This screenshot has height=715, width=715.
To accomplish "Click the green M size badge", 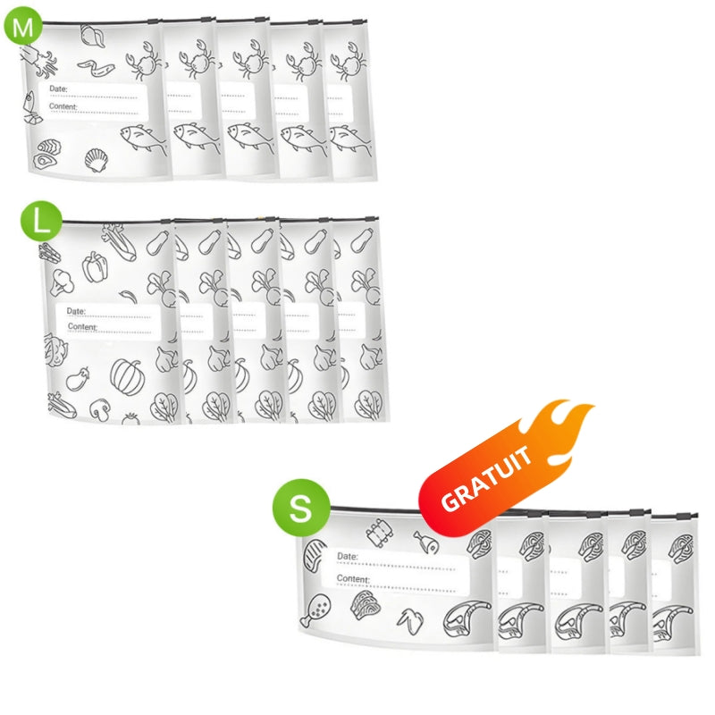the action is (x=23, y=26).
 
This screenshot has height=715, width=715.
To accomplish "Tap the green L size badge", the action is (x=41, y=221).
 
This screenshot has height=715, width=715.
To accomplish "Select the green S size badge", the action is (x=301, y=507).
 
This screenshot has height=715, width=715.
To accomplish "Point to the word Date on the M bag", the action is (x=58, y=88).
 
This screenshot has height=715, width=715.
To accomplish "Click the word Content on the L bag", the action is (x=82, y=326).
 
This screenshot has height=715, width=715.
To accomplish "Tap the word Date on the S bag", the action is (x=348, y=556).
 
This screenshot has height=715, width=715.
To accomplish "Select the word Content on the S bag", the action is (x=353, y=578).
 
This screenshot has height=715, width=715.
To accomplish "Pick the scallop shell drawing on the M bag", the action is (x=97, y=160).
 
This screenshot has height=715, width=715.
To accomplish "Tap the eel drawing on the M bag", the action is (x=97, y=68).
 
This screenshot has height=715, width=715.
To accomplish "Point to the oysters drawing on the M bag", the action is (x=46, y=154).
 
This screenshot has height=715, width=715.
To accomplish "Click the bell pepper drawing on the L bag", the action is (x=95, y=266).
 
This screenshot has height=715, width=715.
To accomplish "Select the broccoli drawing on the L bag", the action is (x=62, y=282).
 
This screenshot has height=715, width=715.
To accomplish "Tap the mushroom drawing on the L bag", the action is (x=99, y=409).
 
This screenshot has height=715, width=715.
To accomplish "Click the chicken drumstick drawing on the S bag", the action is (x=315, y=610).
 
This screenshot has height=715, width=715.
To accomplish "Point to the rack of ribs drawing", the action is (x=380, y=532).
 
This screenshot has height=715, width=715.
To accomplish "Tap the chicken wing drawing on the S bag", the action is (x=410, y=621).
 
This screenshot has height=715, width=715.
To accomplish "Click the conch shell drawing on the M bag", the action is (x=93, y=36).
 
